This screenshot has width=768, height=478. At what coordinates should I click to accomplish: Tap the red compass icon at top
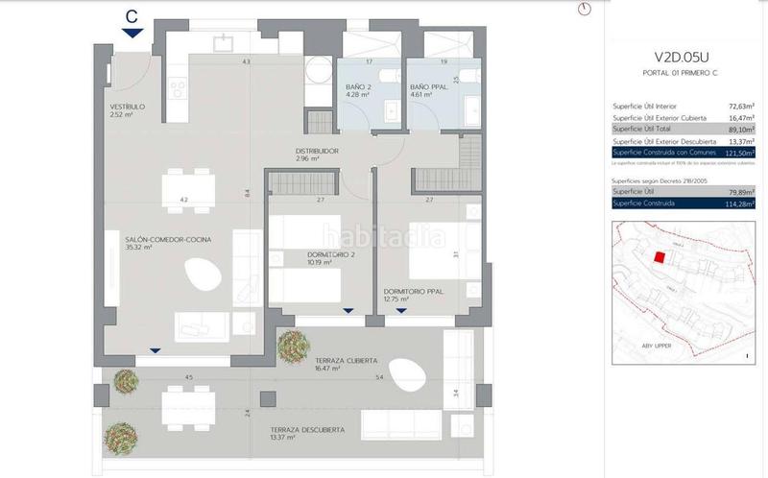click(x=585, y=9)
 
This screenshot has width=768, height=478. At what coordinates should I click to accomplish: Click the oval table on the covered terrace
click(x=408, y=369)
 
